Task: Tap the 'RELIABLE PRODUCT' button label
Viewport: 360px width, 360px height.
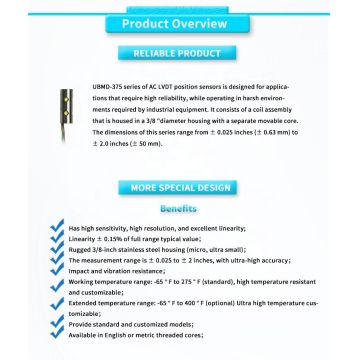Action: pyautogui.click(x=181, y=53)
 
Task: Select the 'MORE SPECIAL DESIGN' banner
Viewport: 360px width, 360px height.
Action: pyautogui.click(x=181, y=187)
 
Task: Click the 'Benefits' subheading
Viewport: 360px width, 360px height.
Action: pyautogui.click(x=181, y=209)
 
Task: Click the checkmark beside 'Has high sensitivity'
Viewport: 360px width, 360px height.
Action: pyautogui.click(x=57, y=227)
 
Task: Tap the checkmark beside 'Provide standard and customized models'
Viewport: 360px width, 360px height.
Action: pyautogui.click(x=57, y=324)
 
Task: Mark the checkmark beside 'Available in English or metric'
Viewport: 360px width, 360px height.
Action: pyautogui.click(x=57, y=335)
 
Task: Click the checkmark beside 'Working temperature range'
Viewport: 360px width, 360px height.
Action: pyautogui.click(x=57, y=285)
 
